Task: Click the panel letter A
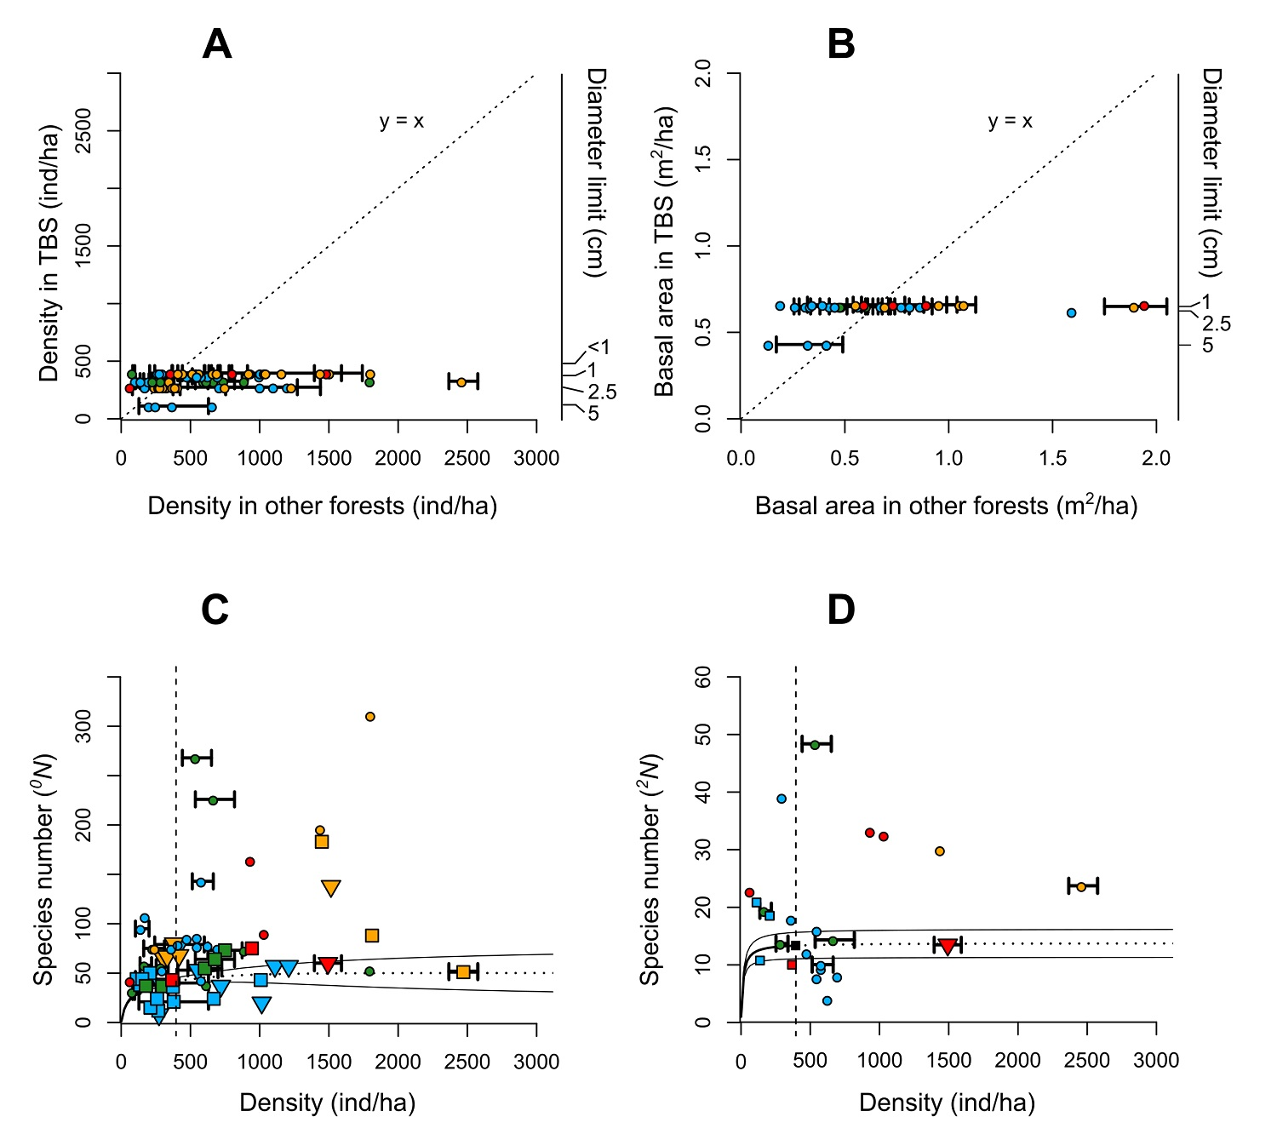[x=217, y=44]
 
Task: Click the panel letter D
[x=841, y=610]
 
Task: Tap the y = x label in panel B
[x=1010, y=122]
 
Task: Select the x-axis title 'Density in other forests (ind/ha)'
[x=322, y=506]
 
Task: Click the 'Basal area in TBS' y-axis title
[x=664, y=251]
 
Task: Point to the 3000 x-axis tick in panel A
[x=536, y=458]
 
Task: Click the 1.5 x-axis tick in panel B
[x=1052, y=458]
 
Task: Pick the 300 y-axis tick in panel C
[x=83, y=726]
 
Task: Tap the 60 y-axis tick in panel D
[x=703, y=677]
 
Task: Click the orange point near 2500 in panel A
[x=461, y=382]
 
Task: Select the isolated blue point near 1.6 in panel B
[x=1071, y=313]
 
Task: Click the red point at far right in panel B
[x=1144, y=306]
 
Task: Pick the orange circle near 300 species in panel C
[x=370, y=717]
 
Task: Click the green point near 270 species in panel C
[x=195, y=759]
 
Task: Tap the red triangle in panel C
[x=328, y=965]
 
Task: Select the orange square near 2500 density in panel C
[x=463, y=971]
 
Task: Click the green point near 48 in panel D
[x=815, y=745]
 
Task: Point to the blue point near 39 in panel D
[x=782, y=799]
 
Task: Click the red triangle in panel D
[x=948, y=947]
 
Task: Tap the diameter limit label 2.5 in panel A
[x=602, y=392]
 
